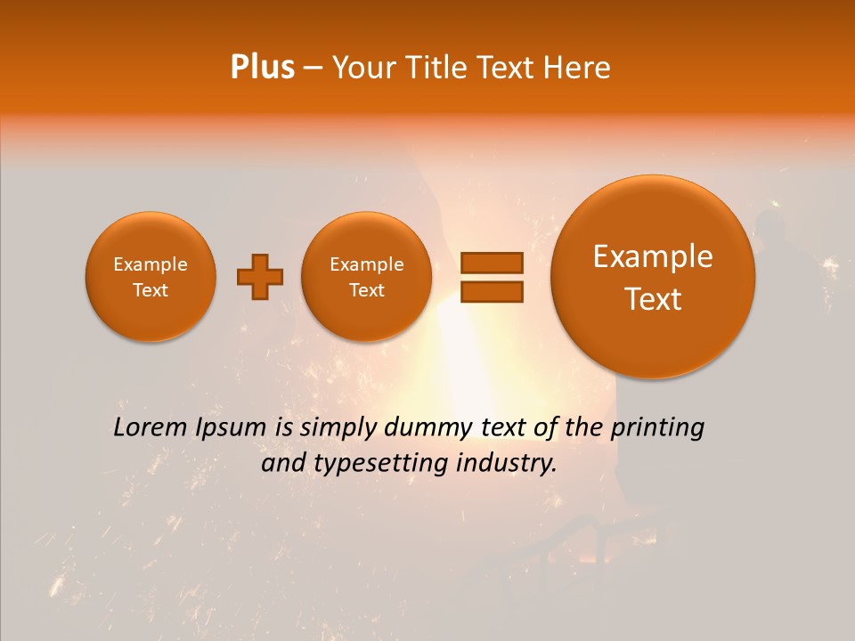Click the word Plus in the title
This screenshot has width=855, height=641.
[262, 68]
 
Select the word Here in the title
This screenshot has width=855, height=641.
[578, 68]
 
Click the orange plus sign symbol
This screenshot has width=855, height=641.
[260, 276]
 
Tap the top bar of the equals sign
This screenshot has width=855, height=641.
[491, 263]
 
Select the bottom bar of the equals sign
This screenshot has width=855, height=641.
[491, 291]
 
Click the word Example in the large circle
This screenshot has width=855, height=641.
[653, 256]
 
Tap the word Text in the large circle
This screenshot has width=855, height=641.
[653, 299]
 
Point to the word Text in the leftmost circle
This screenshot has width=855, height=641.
[150, 290]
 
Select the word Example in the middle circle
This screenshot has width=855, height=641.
[366, 264]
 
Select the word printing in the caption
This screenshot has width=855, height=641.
[657, 427]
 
